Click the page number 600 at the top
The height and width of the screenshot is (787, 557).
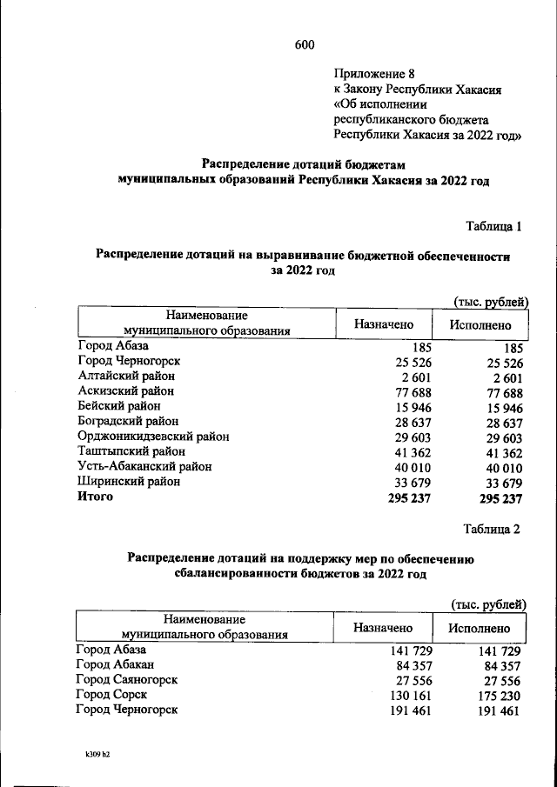tap(304, 45)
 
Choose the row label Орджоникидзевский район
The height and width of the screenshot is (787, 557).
tap(152, 437)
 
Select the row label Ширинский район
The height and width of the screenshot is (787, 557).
tap(128, 482)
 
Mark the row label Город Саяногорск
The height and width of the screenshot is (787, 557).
tap(127, 680)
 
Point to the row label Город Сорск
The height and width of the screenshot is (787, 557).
tap(111, 695)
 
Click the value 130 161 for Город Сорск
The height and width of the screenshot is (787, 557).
tap(408, 695)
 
